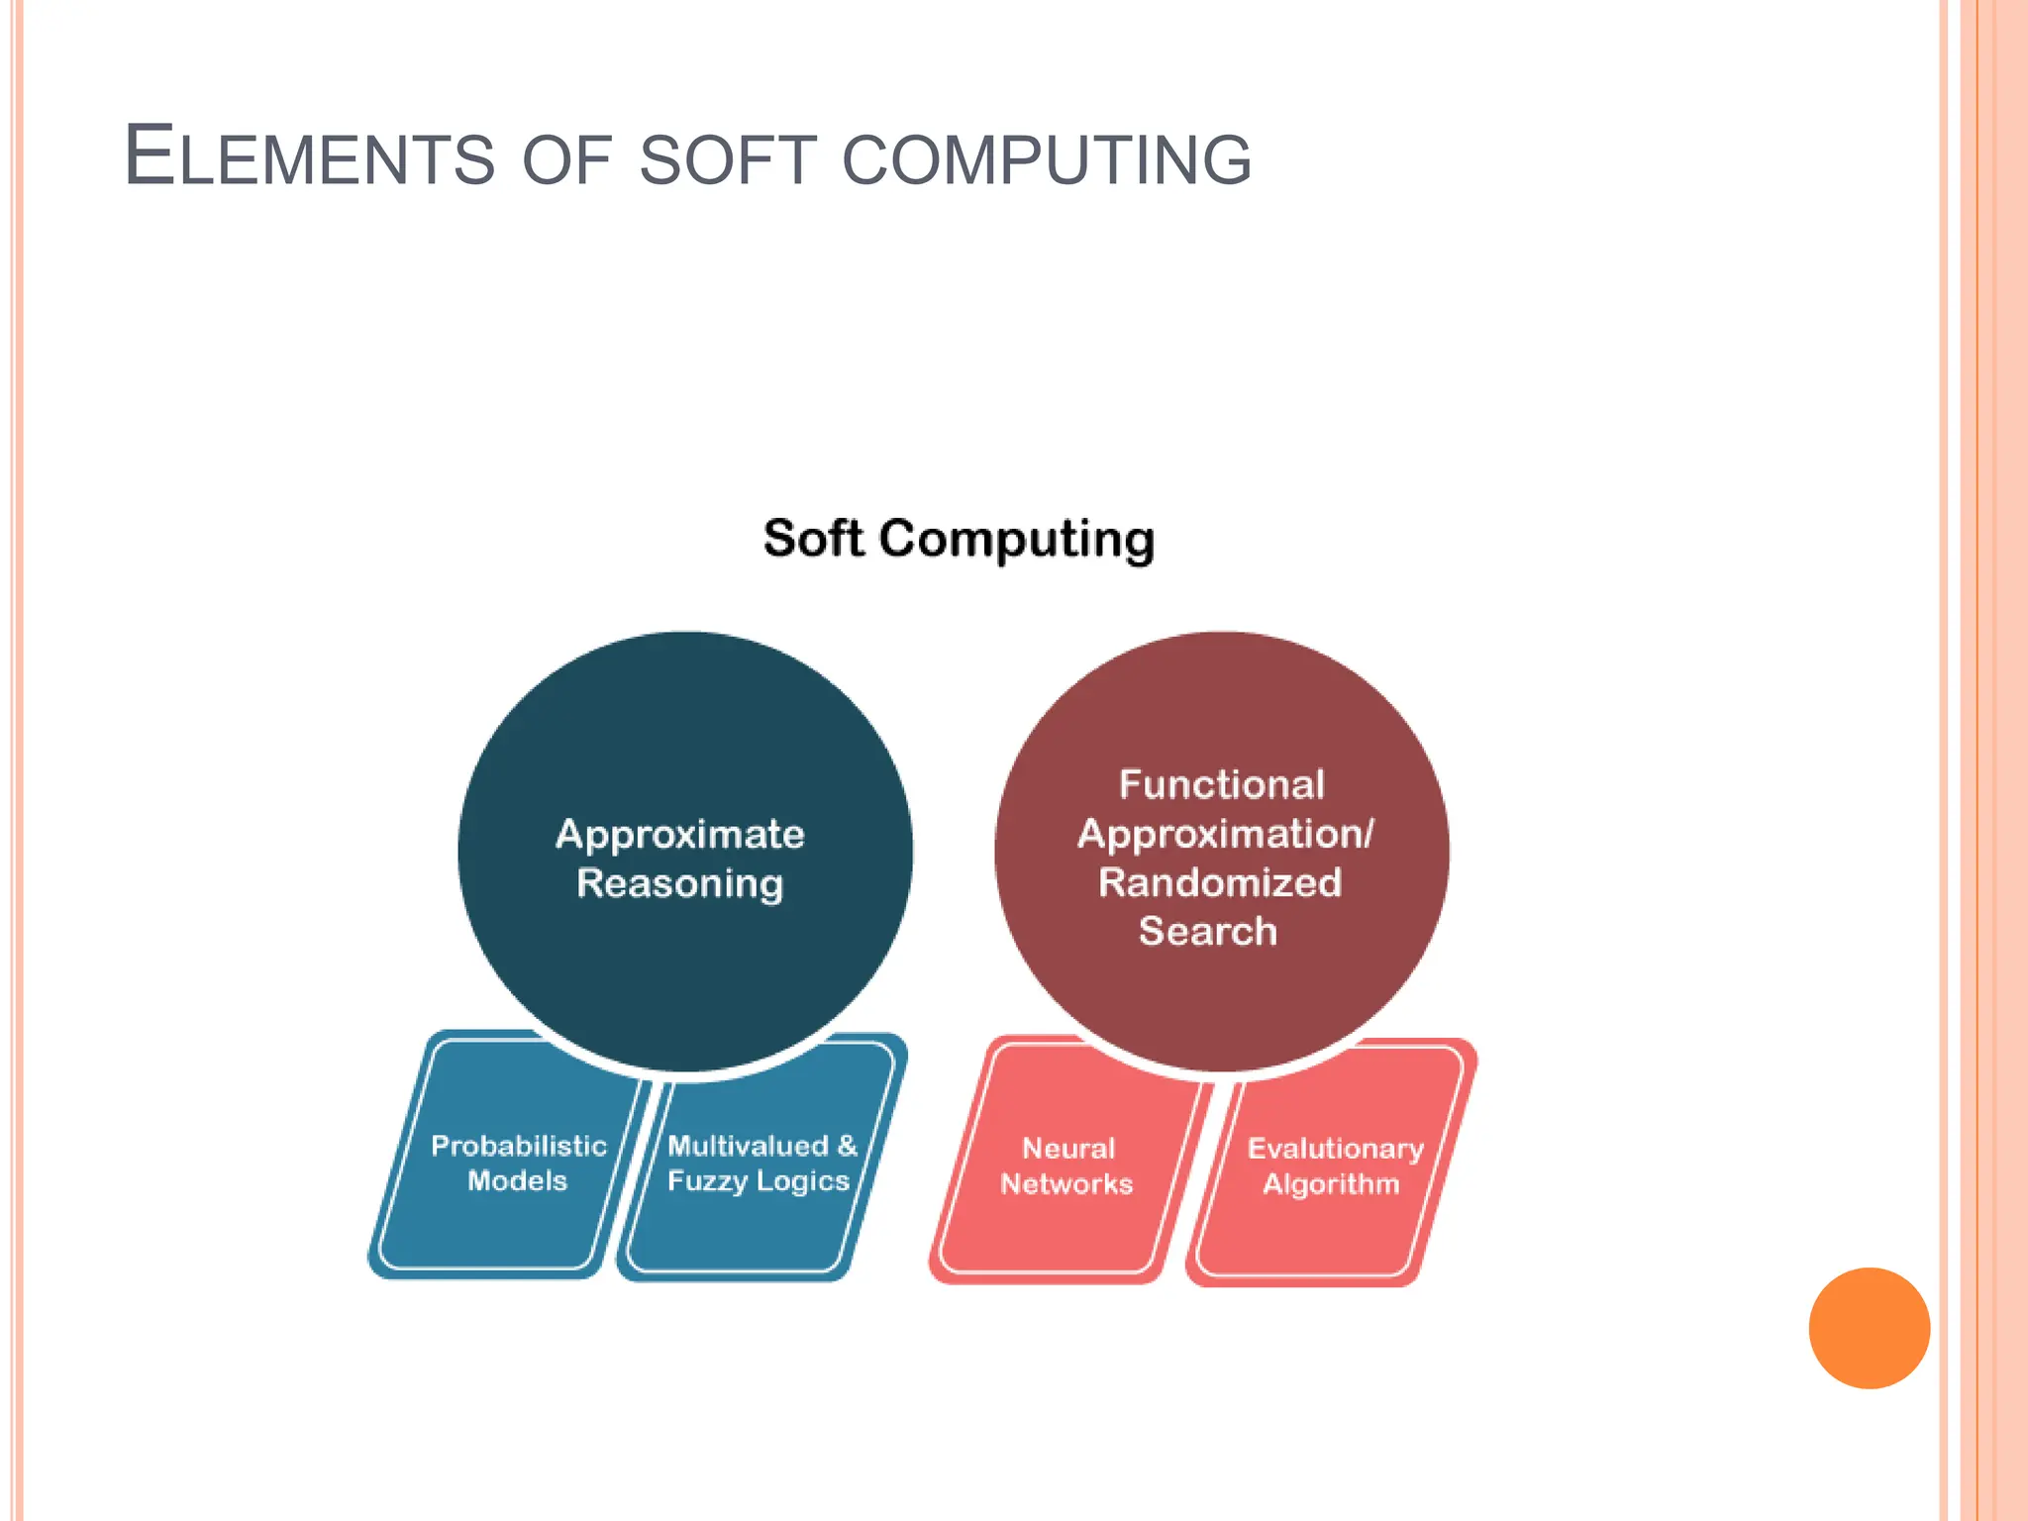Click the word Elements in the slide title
[x=308, y=156]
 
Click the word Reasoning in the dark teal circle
[x=680, y=883]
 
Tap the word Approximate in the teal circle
[x=680, y=834]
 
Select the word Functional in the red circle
[x=1221, y=784]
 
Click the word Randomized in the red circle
[x=1220, y=882]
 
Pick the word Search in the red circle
[x=1208, y=931]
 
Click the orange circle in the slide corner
[x=1869, y=1328]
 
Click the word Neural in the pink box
[x=1068, y=1149]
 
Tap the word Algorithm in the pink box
[x=1331, y=1184]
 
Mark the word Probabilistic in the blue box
[x=519, y=1146]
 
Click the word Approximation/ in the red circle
[x=1226, y=834]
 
